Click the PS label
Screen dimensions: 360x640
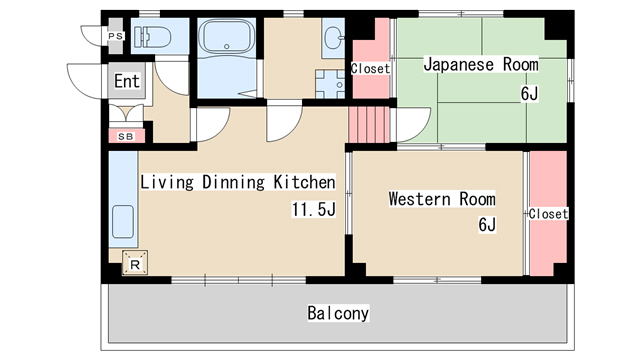click(x=114, y=37)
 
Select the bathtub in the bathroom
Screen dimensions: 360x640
click(x=228, y=39)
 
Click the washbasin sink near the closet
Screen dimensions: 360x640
click(x=332, y=39)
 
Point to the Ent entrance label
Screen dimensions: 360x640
click(x=127, y=81)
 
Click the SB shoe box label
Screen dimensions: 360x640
click(x=126, y=136)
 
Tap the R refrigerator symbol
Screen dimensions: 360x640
click(x=134, y=264)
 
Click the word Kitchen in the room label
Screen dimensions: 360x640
click(x=303, y=182)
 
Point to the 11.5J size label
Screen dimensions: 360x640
click(x=312, y=210)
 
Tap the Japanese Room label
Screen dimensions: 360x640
click(x=480, y=65)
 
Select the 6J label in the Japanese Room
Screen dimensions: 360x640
click(x=528, y=94)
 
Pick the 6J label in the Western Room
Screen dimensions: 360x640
click(x=487, y=225)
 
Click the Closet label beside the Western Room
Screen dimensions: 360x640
click(x=548, y=214)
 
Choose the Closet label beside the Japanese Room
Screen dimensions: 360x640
click(x=370, y=69)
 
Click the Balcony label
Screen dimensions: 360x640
click(x=338, y=313)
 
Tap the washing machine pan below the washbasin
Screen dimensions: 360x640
click(x=331, y=81)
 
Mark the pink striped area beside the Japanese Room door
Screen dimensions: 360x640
click(x=366, y=124)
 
